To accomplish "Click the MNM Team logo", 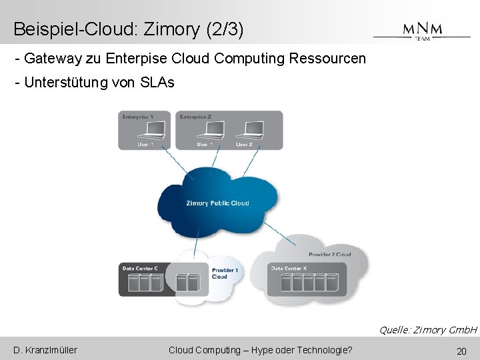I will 422,31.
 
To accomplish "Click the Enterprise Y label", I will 138,117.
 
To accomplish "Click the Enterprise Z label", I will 195,117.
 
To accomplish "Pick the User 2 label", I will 244,145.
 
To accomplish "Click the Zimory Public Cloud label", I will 217,203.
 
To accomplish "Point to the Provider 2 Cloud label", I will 329,255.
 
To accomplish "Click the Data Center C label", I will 140,269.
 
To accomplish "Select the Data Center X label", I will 289,269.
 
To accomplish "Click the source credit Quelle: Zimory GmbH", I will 427,330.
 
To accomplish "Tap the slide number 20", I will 461,351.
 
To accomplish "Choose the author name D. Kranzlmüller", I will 45,350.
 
